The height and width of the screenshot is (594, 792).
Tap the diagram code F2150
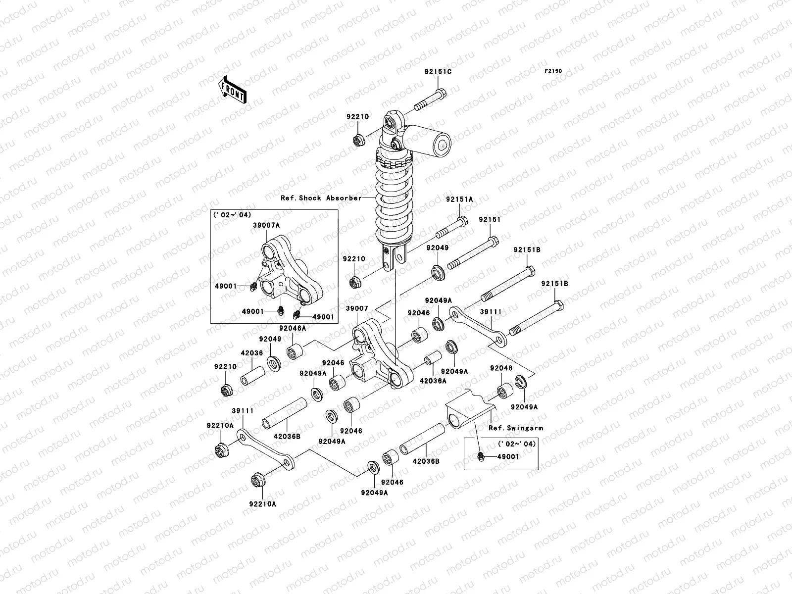553,71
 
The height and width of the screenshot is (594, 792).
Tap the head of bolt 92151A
461,222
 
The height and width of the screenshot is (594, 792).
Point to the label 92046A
293,328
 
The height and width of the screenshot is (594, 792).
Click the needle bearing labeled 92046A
296,352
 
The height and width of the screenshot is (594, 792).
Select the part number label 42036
251,353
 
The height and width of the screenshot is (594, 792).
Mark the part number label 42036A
433,381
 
